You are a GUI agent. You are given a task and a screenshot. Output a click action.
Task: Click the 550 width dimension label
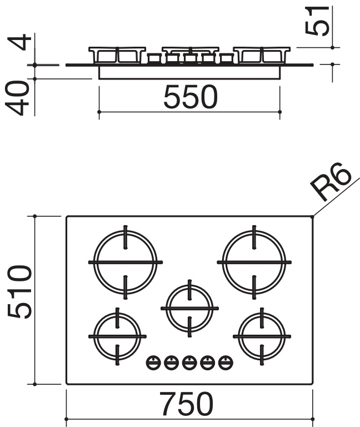point(191,97)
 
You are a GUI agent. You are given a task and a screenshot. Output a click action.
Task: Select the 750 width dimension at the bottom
point(187,404)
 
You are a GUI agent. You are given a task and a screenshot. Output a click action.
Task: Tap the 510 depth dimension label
point(19,292)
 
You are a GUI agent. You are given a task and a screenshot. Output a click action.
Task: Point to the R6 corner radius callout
point(331,182)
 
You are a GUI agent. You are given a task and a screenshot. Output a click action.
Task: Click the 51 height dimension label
point(317,21)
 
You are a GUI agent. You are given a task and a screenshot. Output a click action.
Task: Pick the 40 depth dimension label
point(17,98)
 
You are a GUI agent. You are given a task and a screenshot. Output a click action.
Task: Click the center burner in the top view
point(189,308)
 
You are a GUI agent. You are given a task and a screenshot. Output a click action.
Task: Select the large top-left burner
point(126,262)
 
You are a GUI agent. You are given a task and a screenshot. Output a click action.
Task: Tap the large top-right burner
point(254,262)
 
